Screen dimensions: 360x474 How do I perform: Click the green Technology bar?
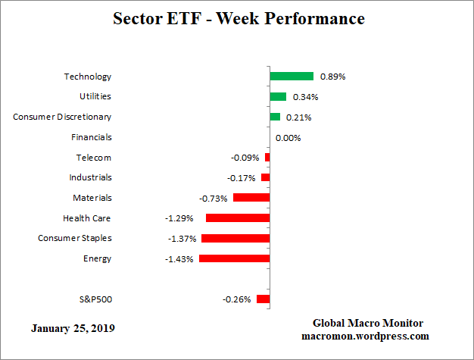[292, 77]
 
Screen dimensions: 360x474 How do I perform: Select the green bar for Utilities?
[278, 97]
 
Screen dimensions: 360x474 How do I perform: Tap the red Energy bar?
[234, 258]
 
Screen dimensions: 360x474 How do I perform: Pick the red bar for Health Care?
[238, 218]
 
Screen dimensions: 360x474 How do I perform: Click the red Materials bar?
[251, 198]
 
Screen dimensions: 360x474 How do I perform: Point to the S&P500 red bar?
[263, 299]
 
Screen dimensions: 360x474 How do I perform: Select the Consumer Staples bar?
[235, 238]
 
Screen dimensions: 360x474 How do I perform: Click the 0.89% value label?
[333, 77]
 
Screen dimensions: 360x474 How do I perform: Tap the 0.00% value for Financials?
[289, 137]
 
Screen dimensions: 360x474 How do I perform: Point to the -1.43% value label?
[179, 258]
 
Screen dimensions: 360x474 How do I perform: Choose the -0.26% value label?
[236, 299]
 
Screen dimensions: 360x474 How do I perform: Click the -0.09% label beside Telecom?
[245, 158]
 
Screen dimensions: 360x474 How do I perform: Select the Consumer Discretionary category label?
[62, 117]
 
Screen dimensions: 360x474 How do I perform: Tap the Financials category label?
[91, 137]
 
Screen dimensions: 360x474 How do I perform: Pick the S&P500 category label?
[95, 299]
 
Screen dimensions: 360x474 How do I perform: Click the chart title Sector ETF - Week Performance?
[238, 18]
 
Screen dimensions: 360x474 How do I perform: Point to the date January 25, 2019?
[73, 329]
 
